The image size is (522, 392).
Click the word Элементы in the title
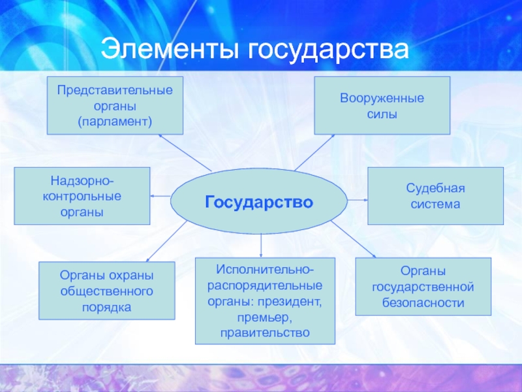tap(166, 50)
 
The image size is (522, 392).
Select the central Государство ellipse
tap(259, 201)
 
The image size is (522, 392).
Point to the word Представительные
tap(114, 89)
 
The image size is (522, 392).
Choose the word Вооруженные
tap(382, 98)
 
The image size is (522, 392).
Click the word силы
tap(382, 114)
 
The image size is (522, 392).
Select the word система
tap(435, 204)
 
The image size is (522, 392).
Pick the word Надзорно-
tap(81, 180)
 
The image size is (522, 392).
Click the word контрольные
tap(81, 195)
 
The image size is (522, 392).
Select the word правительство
tap(264, 333)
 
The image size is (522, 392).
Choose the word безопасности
tap(422, 302)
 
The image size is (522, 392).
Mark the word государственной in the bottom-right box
tap(422, 287)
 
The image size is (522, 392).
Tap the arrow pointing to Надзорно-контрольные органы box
tap(161, 196)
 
